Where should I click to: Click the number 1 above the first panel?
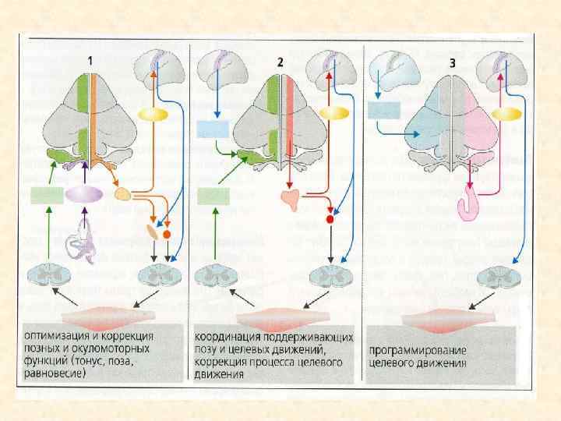coord(91,60)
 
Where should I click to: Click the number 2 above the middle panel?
coord(279,60)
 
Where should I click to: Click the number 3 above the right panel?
coord(450,60)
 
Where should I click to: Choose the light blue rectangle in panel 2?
coord(211,129)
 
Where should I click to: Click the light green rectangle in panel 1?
coord(47,195)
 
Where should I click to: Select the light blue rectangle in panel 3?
coord(383,110)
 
